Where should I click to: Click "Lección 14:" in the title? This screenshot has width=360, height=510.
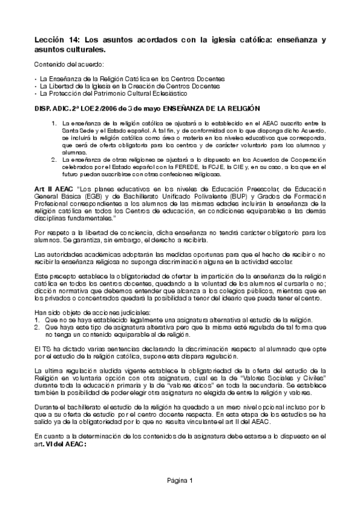[x=56, y=40]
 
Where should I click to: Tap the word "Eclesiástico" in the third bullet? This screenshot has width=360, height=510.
[x=169, y=93]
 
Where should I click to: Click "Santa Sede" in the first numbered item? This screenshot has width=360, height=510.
[x=77, y=131]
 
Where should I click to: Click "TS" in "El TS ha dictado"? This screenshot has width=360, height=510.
[x=44, y=349]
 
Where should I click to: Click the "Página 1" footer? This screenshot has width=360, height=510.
[x=180, y=480]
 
